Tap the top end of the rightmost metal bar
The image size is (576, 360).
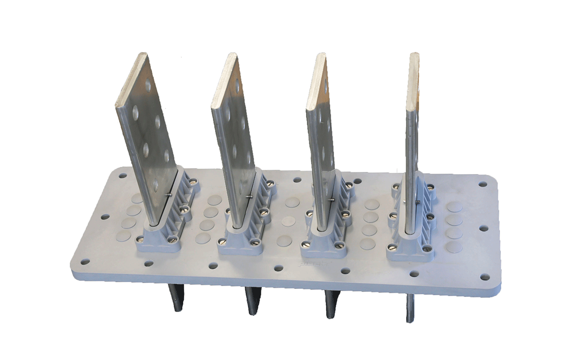(x=414, y=55)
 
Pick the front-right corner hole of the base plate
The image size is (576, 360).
(x=484, y=277)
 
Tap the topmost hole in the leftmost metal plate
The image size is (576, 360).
(x=148, y=84)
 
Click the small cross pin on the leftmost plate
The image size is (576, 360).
(x=168, y=194)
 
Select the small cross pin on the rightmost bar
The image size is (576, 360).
(x=418, y=201)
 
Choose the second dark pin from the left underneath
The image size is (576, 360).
(x=252, y=302)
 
